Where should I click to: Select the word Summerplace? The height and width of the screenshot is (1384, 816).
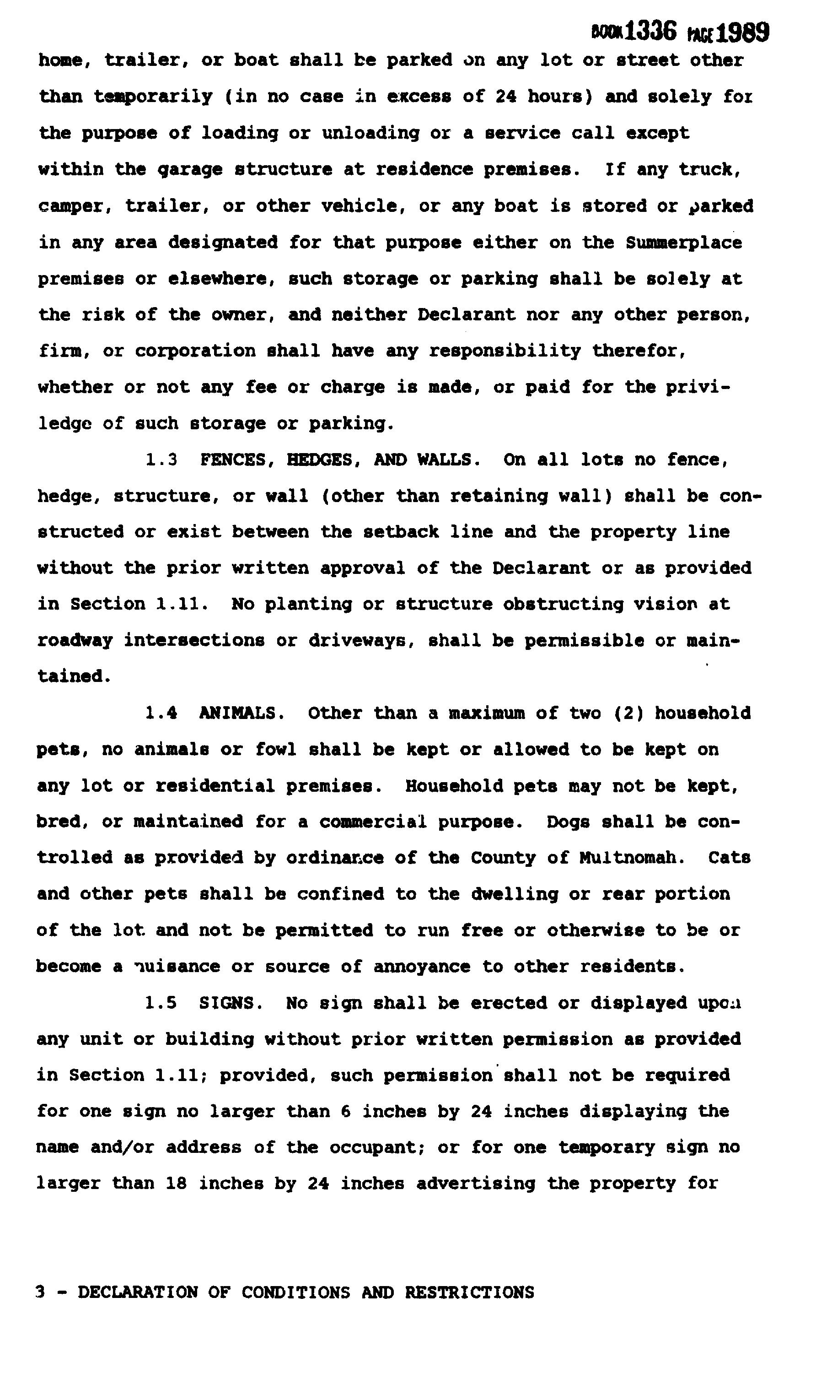684,243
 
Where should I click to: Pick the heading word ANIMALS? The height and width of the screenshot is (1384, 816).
241,714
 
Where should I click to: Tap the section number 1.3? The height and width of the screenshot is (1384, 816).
161,460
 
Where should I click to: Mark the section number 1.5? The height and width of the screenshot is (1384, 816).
161,1003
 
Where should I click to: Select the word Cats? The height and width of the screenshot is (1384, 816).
729,858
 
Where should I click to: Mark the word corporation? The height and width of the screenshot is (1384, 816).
195,351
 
